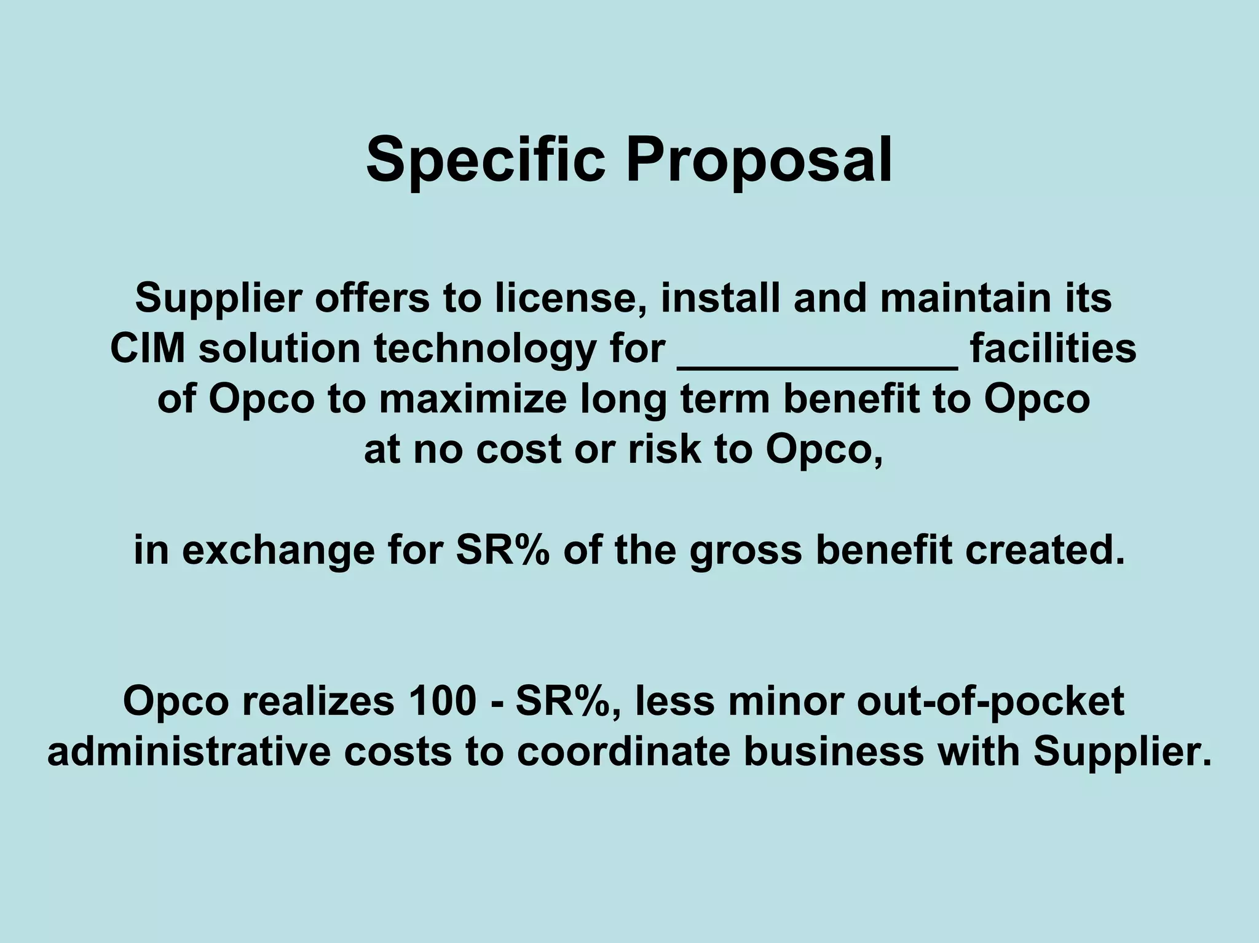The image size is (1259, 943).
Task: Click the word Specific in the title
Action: click(485, 161)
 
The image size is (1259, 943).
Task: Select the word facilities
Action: click(1053, 349)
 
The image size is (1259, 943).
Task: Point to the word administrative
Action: click(189, 752)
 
